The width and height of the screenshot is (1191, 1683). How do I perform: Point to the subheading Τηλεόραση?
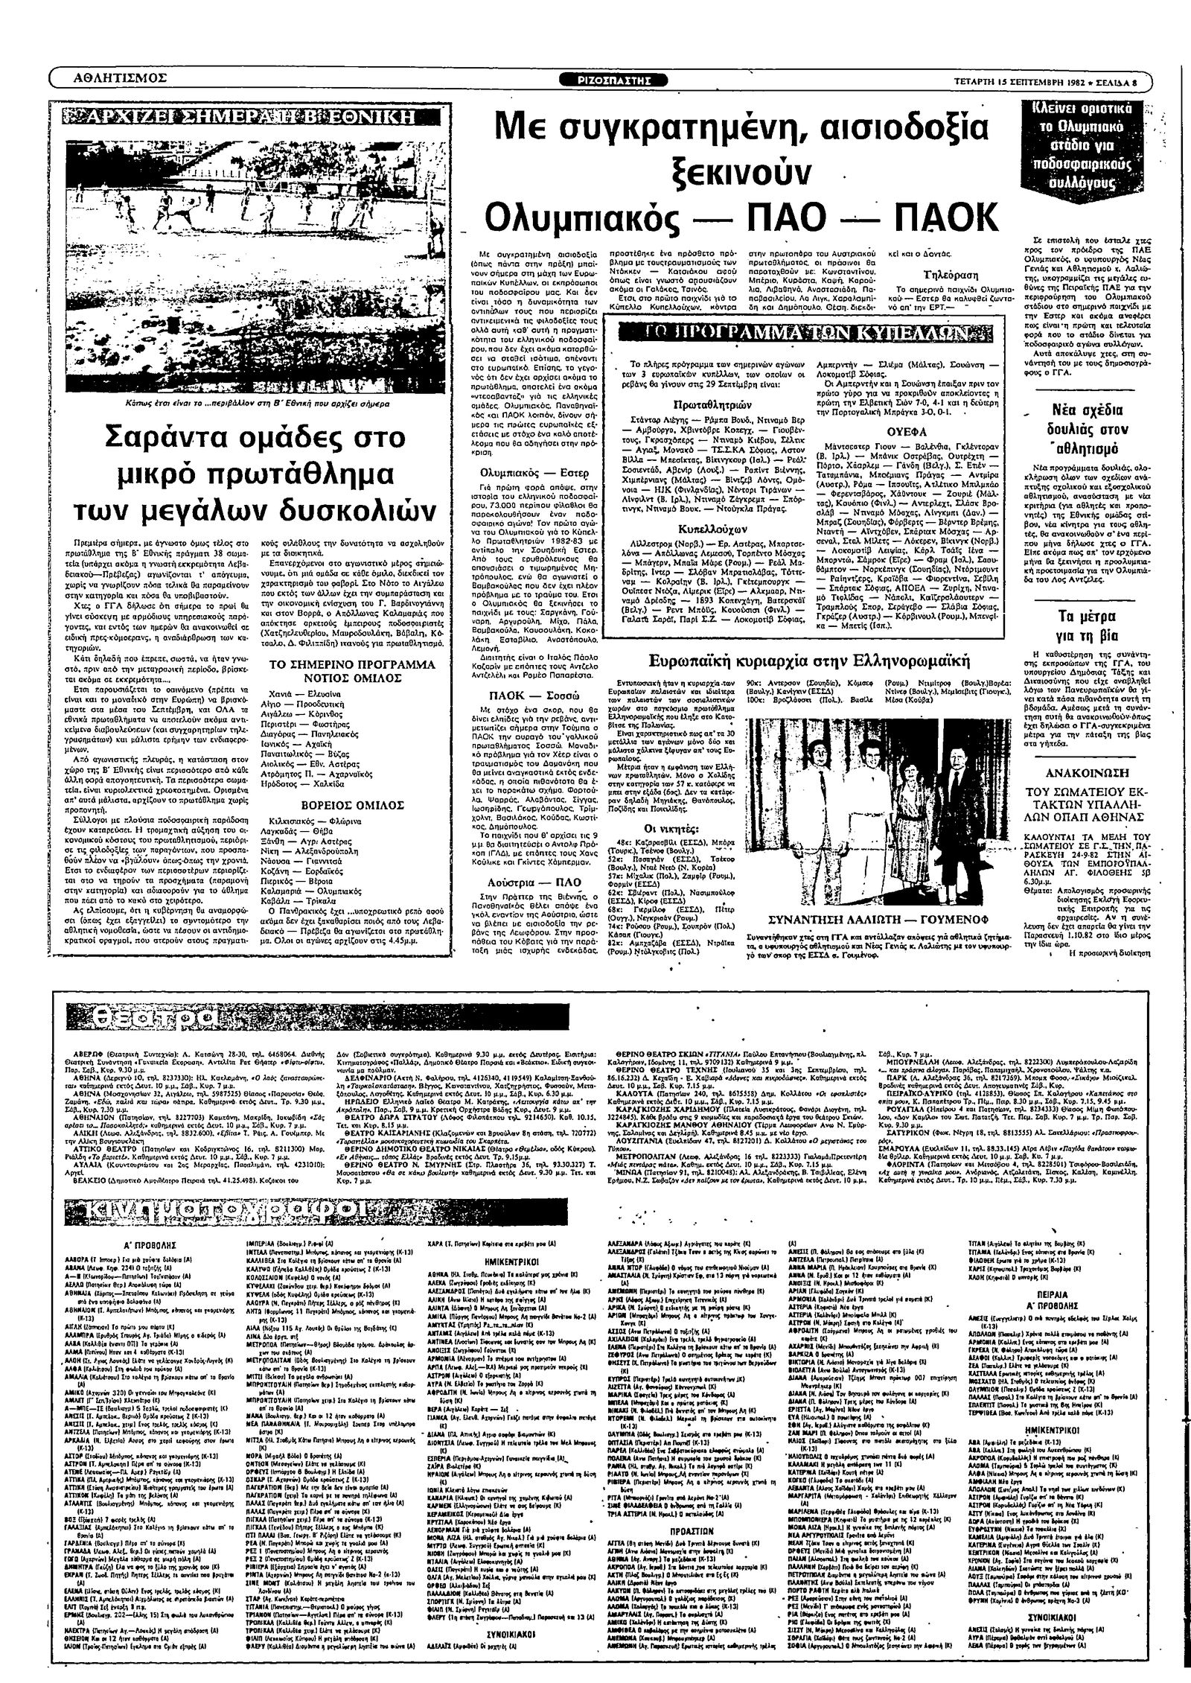[x=945, y=273]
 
